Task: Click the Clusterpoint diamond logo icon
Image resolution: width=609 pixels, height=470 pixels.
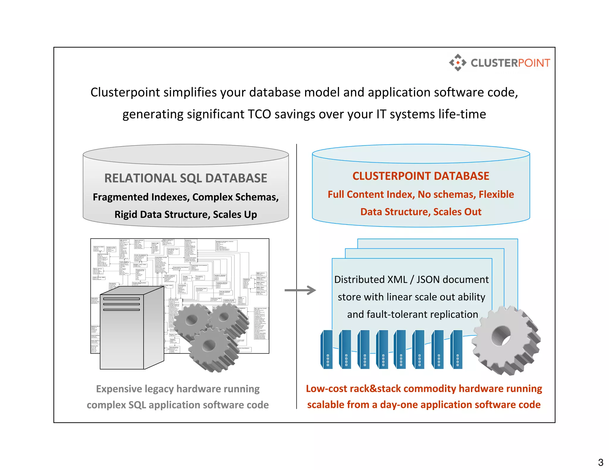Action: (x=458, y=63)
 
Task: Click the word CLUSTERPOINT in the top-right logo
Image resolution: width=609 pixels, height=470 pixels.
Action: (x=510, y=63)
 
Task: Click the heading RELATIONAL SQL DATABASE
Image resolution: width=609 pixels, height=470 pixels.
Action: (x=186, y=178)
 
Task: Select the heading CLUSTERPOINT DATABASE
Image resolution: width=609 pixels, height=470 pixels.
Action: (x=420, y=176)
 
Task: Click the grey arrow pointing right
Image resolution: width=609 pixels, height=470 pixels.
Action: (x=300, y=290)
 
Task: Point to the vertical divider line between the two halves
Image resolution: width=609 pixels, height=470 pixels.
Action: (x=296, y=267)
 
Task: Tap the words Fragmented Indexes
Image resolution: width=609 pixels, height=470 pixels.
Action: (x=141, y=197)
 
